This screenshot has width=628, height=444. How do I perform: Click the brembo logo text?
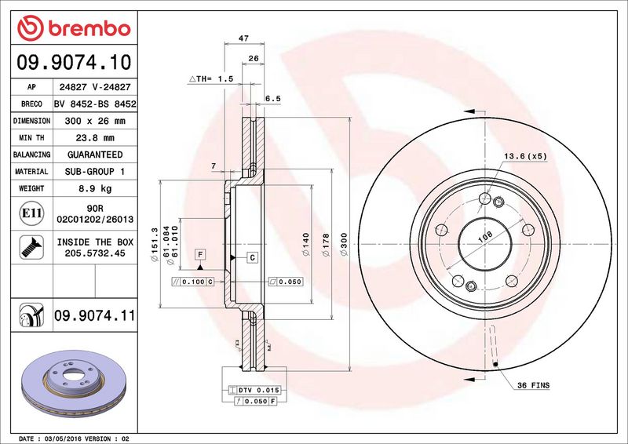(x=89, y=29)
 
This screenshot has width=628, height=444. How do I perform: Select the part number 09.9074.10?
(x=74, y=62)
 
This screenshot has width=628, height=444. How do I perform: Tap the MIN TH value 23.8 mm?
(x=95, y=138)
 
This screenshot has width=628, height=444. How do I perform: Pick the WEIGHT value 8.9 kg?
(x=95, y=188)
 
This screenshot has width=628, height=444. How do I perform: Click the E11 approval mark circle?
(x=31, y=213)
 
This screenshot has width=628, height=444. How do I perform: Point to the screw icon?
(x=31, y=247)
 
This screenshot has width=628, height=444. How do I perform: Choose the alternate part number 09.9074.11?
(x=94, y=315)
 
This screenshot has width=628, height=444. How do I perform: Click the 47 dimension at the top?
(x=243, y=38)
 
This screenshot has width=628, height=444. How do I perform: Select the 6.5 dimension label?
(x=272, y=98)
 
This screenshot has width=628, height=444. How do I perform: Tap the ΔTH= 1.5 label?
(x=211, y=79)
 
